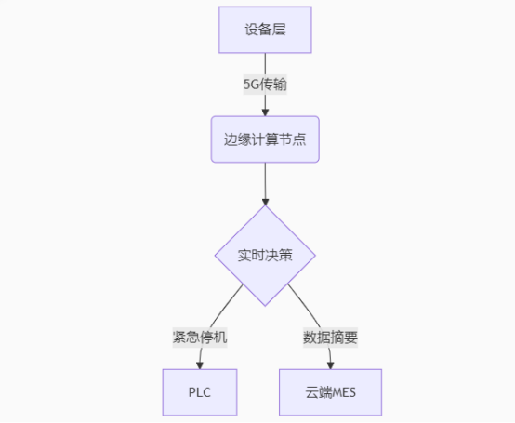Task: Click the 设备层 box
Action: point(265,30)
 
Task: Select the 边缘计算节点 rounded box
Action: point(265,139)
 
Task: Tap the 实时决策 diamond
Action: point(265,256)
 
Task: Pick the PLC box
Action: point(200,392)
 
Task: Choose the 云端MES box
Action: point(330,392)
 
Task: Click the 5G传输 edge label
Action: point(265,85)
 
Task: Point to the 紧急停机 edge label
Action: point(200,337)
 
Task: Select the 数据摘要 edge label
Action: point(330,337)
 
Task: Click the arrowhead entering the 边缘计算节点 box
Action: point(265,112)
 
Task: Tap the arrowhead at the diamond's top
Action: point(265,202)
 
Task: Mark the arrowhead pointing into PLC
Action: point(199,365)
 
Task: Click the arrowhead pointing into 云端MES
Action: point(330,365)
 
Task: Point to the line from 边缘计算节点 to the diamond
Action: point(265,180)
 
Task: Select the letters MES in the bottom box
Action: point(344,392)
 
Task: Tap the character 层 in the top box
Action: point(279,30)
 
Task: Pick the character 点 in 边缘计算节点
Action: point(299,139)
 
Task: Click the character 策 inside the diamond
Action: point(285,256)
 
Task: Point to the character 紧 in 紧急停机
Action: point(179,337)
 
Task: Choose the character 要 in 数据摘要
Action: point(350,337)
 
